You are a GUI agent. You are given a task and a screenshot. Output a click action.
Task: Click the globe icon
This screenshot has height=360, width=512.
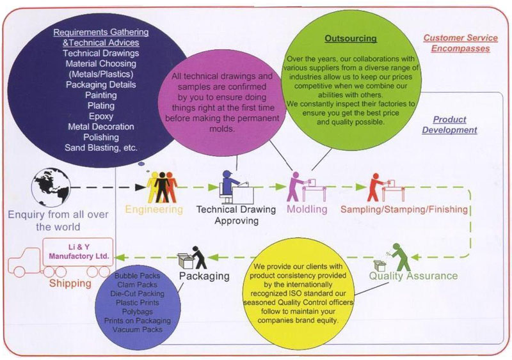coord(51,187)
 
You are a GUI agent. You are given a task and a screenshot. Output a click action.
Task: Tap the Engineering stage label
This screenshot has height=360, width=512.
coord(154,209)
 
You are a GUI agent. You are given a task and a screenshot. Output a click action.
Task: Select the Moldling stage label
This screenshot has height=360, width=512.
coord(307,209)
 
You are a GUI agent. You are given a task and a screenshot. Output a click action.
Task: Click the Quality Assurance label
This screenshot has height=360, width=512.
coord(413,276)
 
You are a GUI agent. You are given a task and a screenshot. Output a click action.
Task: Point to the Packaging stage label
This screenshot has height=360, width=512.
coord(204,276)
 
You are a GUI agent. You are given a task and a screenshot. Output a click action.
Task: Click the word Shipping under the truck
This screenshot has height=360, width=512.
coord(70,283)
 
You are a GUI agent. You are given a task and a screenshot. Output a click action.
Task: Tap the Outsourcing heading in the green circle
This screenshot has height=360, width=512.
coord(351,38)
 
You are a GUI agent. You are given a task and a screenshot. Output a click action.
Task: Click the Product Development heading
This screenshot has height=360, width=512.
coord(449,125)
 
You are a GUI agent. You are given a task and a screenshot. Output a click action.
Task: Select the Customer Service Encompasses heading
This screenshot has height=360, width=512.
coord(460,43)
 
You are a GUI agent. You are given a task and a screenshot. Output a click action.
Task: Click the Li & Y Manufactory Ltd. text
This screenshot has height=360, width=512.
coord(79,252)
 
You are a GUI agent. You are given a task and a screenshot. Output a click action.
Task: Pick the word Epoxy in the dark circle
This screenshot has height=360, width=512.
coord(101,116)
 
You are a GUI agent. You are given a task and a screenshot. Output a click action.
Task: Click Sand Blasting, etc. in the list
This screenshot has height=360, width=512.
coord(101,148)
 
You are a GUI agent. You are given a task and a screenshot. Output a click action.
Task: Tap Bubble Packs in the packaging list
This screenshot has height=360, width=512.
coord(138,276)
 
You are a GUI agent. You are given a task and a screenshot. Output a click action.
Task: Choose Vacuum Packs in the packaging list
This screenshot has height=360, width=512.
coord(138,330)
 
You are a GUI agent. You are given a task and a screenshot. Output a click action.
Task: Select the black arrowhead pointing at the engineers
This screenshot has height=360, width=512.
coord(140,187)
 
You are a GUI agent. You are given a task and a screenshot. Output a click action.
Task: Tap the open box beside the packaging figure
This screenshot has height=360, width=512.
coord(186,260)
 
